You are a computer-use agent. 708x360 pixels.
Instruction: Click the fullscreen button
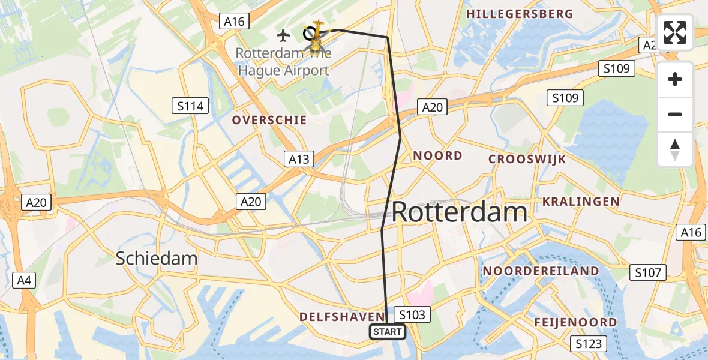pos(675,32)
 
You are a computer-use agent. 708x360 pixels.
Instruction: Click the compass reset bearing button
pos(675,149)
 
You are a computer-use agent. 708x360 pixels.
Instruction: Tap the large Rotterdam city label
pos(460,212)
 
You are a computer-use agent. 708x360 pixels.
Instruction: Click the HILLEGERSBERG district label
pos(520,14)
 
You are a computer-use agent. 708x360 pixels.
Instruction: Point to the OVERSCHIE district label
pos(269,120)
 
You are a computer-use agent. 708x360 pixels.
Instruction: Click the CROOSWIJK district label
pos(527,159)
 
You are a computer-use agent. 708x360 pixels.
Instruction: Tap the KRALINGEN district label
pos(581,202)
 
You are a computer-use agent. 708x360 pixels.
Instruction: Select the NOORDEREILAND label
pos(541,271)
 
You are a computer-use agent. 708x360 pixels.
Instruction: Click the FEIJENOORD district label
pos(575,322)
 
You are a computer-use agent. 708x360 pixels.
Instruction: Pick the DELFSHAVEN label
pos(341,316)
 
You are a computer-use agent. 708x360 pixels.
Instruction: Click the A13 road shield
pos(299,159)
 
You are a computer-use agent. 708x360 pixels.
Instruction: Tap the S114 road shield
pos(191,107)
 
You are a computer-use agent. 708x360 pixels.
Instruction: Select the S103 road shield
pos(412,314)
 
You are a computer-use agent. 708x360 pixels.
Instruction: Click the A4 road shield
pos(22,280)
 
